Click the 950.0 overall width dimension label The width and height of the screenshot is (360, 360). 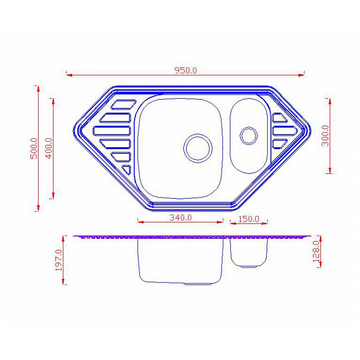pyautogui.click(x=186, y=70)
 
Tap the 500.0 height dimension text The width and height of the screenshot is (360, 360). pyautogui.click(x=34, y=148)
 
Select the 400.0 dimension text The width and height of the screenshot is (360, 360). pyautogui.click(x=49, y=148)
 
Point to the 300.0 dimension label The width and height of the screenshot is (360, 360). pyautogui.click(x=326, y=135)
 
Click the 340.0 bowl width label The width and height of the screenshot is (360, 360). pyautogui.click(x=181, y=218)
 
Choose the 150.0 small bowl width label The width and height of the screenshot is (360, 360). pyautogui.click(x=249, y=219)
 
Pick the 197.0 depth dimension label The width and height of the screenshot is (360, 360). pyautogui.click(x=59, y=260)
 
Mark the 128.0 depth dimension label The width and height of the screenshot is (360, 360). pyautogui.click(x=317, y=252)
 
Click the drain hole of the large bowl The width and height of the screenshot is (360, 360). pyautogui.click(x=198, y=148)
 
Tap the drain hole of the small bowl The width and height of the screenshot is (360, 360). pyautogui.click(x=248, y=135)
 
